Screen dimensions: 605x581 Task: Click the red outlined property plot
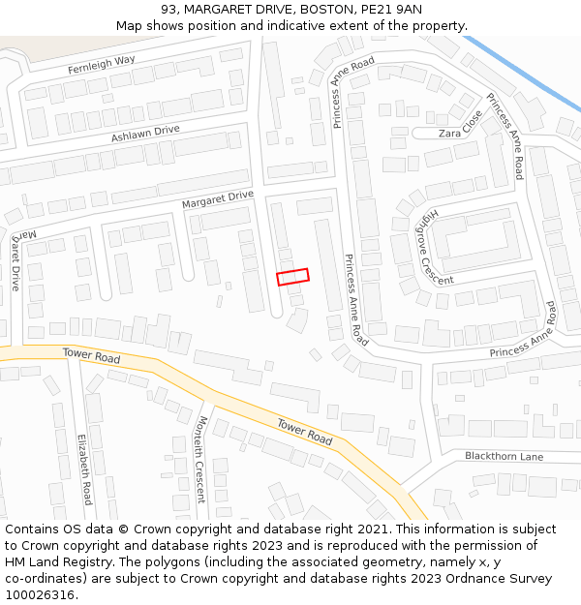pos(292,277)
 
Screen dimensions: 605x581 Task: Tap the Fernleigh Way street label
pos(101,65)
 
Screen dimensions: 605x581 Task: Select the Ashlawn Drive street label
pos(145,133)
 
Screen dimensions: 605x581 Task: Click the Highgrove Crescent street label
pos(427,246)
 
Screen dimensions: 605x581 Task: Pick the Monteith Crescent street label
pos(201,459)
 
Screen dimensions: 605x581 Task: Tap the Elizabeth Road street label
pos(84,469)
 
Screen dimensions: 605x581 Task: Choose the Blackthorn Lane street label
pos(504,456)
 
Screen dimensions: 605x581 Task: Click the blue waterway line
pos(523,73)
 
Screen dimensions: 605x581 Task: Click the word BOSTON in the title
pos(326,9)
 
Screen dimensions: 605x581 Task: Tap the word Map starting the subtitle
pos(130,26)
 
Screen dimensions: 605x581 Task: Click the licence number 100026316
pos(40,595)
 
